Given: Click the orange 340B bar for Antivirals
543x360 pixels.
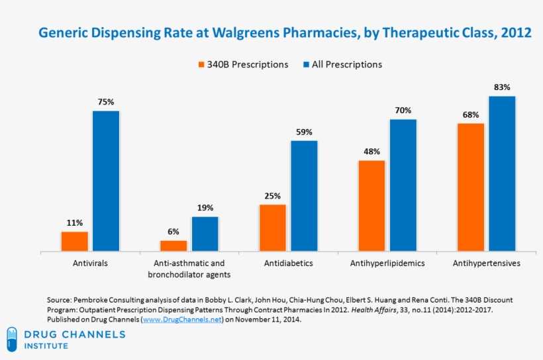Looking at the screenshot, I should [75, 242].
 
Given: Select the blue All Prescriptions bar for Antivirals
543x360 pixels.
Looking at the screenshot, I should [106, 181].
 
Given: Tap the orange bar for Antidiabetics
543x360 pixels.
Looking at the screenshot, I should [273, 228].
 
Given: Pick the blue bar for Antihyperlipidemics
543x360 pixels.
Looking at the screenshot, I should [403, 185].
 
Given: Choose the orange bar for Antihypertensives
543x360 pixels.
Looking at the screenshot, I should [471, 187].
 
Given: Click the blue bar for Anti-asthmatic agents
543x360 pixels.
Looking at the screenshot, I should [205, 234].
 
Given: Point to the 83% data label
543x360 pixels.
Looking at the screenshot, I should [502, 87].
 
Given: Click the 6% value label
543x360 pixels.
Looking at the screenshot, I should [173, 232].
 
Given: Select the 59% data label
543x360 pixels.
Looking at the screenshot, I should [304, 132].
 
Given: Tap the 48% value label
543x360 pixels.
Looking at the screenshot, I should [371, 152].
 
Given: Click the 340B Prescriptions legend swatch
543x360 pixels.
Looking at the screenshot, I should [201, 65].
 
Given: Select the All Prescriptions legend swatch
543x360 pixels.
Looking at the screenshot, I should [305, 65].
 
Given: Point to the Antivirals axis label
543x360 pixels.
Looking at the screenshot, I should [90, 263].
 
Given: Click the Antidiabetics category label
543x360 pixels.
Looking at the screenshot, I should [288, 263].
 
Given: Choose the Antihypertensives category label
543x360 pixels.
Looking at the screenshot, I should [486, 263].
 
